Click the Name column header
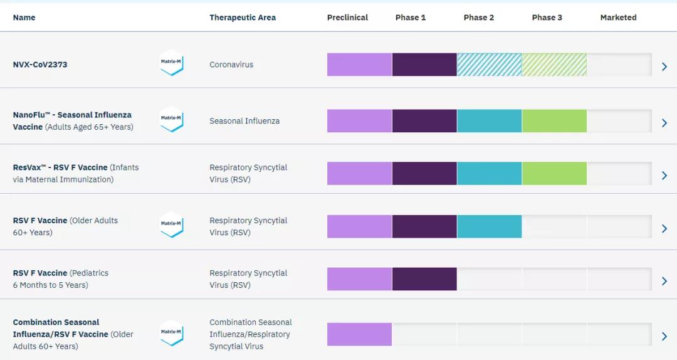[24, 18]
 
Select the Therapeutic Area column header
[242, 18]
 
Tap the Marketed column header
[618, 18]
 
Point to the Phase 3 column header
[547, 18]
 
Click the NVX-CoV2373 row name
[40, 65]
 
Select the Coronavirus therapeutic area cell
[231, 65]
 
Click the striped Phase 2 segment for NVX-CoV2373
[489, 65]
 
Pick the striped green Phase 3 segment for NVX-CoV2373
[554, 65]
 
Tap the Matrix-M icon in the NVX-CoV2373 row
[171, 63]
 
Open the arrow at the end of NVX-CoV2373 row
[664, 66]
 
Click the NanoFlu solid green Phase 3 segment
[554, 120]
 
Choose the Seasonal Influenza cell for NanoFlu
[244, 121]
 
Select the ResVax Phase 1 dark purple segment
[424, 174]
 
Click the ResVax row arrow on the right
[664, 176]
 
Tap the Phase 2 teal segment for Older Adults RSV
[489, 226]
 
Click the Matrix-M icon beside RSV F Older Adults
[171, 225]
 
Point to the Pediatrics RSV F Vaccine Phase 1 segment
[424, 279]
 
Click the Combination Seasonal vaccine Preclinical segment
[359, 334]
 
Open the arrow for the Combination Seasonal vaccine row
[664, 337]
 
